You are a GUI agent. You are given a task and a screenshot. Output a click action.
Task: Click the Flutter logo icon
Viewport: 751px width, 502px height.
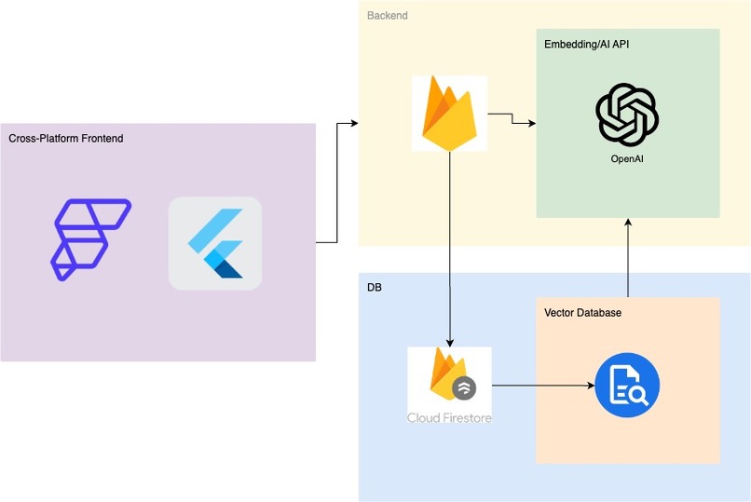[215, 244]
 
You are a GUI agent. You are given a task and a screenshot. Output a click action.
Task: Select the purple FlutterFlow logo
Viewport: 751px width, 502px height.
[90, 238]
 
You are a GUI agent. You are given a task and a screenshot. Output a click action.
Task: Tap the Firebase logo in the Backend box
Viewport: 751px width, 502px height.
[449, 113]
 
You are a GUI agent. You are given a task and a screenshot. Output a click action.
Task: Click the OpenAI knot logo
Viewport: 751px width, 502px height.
[627, 114]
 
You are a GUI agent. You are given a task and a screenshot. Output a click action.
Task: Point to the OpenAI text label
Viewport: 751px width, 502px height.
[627, 159]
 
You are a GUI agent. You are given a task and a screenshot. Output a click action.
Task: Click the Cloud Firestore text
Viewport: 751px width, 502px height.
[449, 417]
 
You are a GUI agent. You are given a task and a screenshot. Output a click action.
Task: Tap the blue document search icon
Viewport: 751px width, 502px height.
[627, 386]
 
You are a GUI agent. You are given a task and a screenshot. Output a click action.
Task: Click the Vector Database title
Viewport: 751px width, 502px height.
[582, 313]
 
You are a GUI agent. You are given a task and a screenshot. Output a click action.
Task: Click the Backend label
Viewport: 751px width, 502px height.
[387, 16]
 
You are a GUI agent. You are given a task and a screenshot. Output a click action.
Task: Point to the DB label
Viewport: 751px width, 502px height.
[375, 288]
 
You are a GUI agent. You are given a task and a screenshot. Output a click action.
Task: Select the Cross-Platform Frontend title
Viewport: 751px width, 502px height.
[66, 139]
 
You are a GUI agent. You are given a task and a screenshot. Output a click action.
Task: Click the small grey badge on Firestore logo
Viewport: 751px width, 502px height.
[464, 387]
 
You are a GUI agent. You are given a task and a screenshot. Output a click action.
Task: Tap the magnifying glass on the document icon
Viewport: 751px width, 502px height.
[638, 395]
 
